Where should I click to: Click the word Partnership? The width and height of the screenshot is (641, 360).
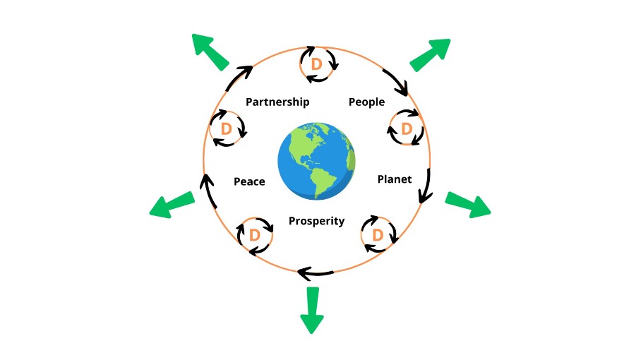point(277,102)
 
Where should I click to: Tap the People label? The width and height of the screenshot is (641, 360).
point(366,102)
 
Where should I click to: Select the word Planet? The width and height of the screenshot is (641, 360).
point(394,179)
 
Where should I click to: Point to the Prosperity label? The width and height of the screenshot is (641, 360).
point(316,221)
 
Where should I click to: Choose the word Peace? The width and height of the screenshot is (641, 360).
point(249,181)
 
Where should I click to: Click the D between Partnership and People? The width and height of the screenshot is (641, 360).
point(317,64)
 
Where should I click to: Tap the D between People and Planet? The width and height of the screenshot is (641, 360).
point(406,128)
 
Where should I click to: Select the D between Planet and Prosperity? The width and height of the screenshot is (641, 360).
point(377,234)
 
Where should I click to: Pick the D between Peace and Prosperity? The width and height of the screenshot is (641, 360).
point(255,234)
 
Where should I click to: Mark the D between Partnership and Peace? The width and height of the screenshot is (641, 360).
point(227,128)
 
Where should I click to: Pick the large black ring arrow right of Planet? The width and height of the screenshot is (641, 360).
point(425,186)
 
